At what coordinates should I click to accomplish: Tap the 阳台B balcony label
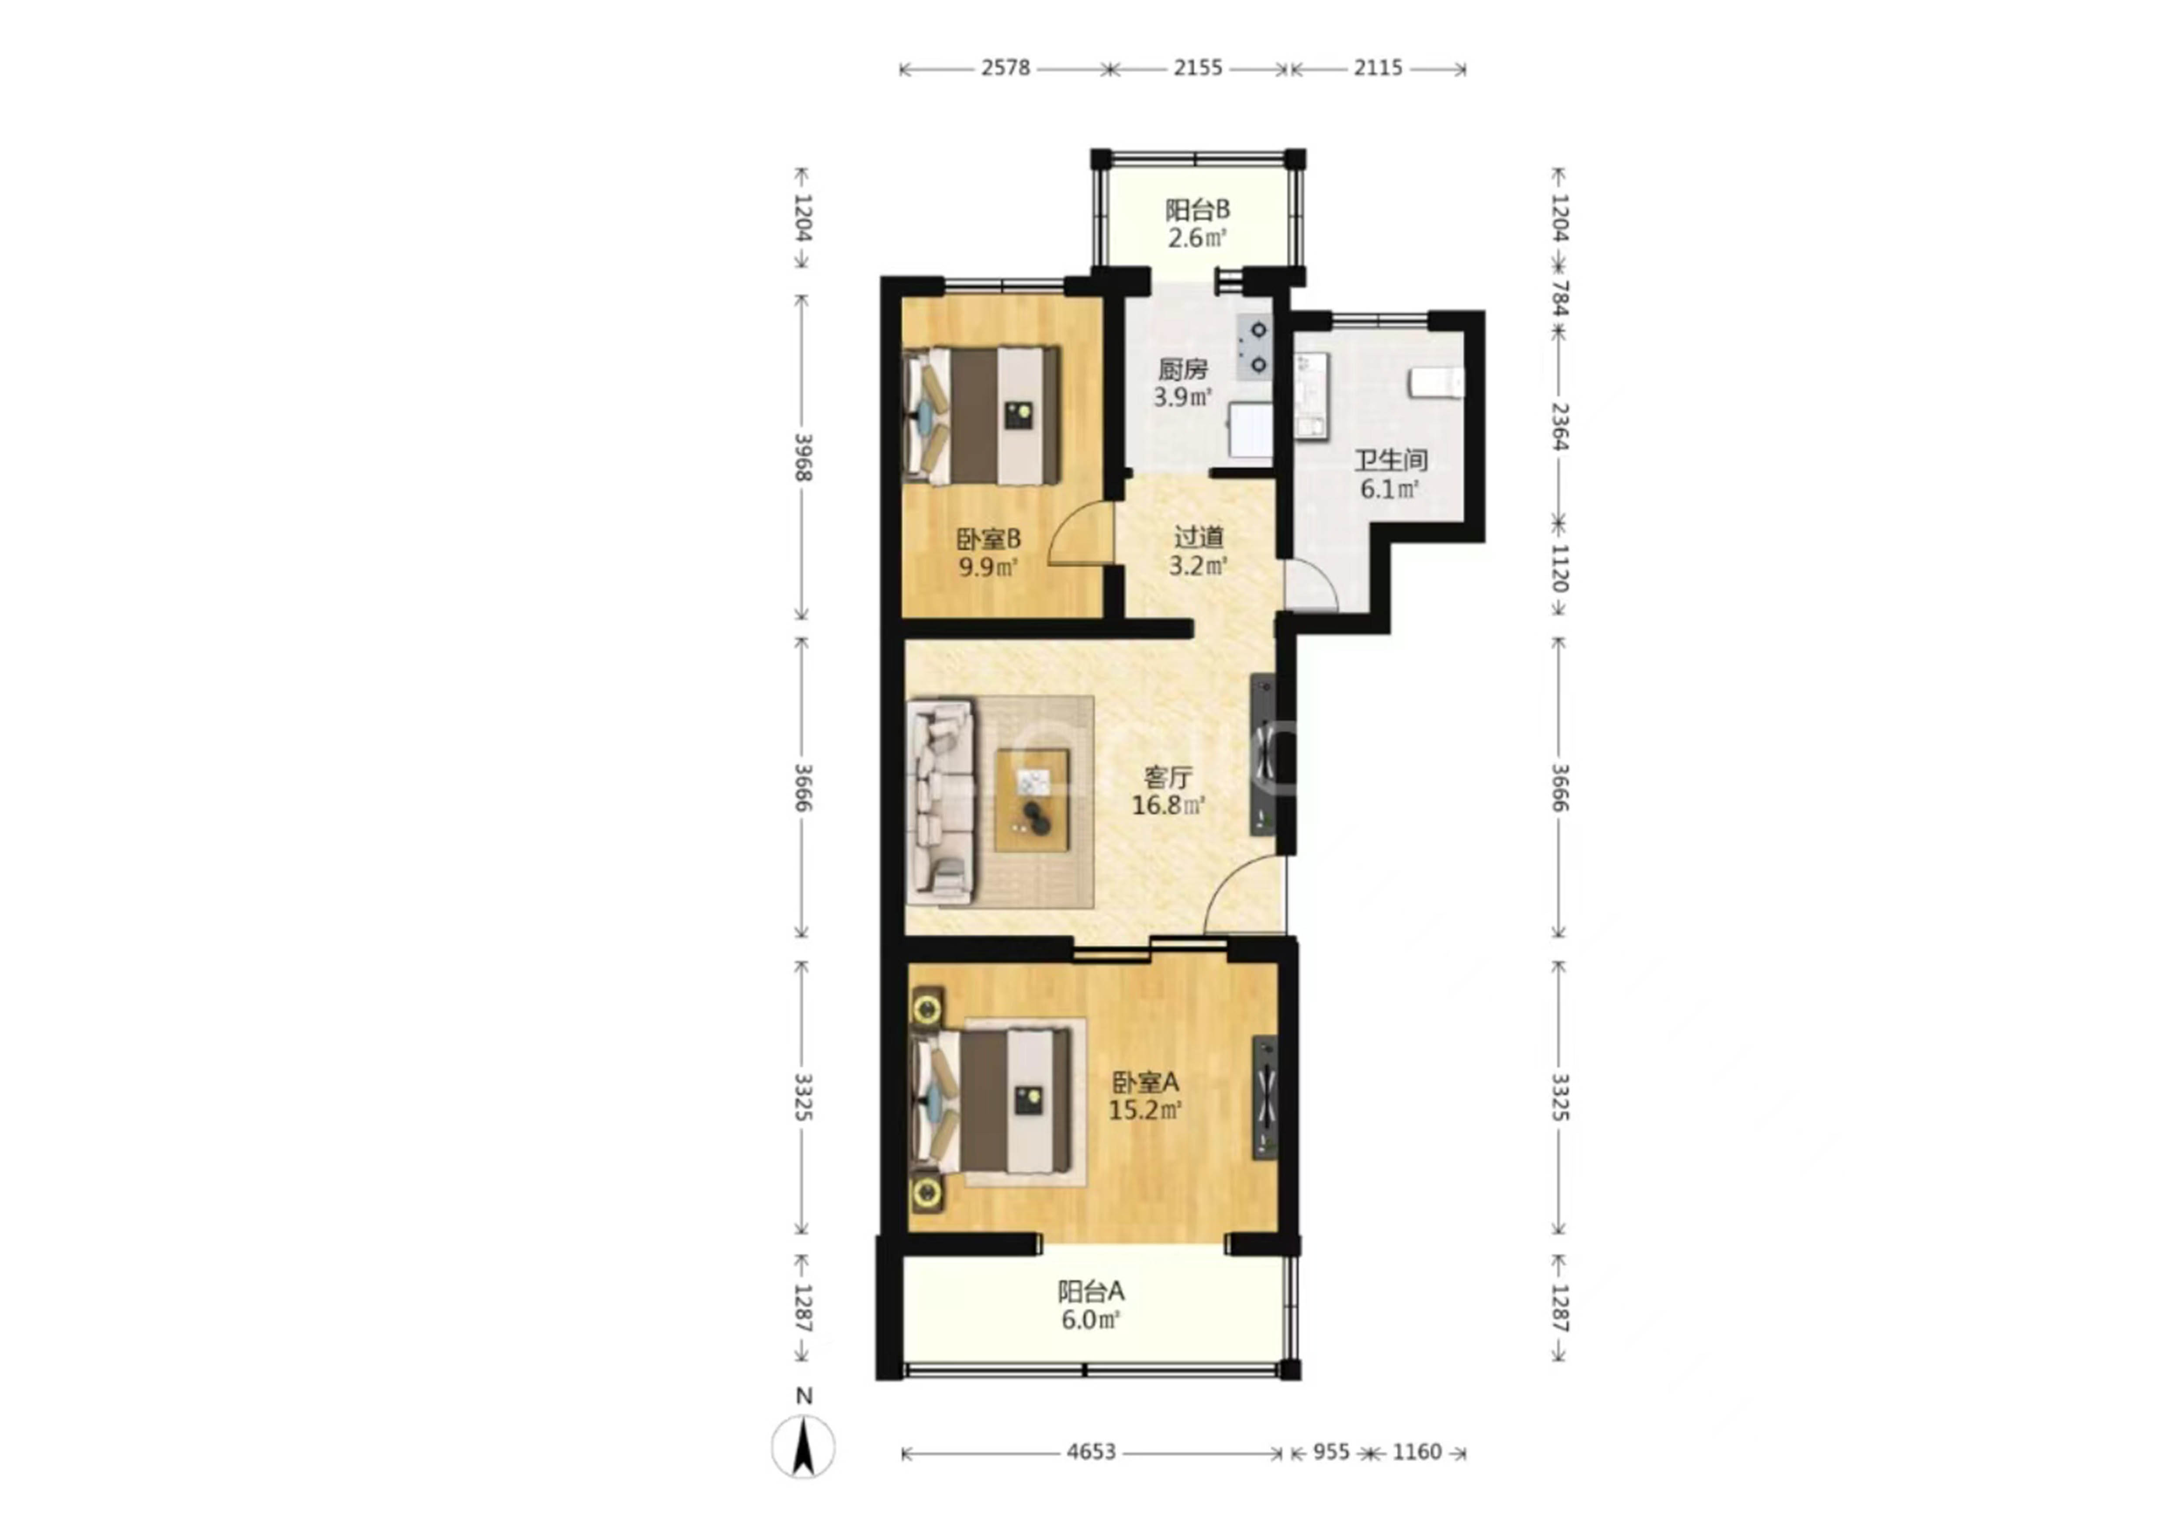(1198, 209)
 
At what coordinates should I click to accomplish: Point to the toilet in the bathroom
(1436, 383)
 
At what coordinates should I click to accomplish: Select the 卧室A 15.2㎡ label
(1145, 1095)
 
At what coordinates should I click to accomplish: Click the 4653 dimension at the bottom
(1091, 1452)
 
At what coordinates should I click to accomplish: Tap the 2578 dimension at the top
(1006, 68)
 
